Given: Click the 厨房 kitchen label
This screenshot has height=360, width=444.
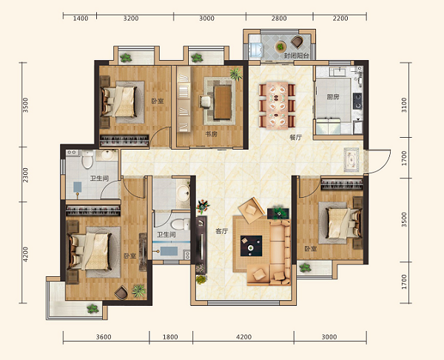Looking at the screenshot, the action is click(x=333, y=97).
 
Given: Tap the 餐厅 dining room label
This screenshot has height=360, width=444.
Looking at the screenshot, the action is click(x=295, y=138).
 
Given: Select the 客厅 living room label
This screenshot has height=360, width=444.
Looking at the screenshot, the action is click(x=221, y=231).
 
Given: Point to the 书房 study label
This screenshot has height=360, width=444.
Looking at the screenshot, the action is click(x=211, y=134).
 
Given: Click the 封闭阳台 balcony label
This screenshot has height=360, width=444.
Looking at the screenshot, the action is click(x=297, y=56).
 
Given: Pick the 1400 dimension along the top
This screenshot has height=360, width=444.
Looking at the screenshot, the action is click(x=81, y=19).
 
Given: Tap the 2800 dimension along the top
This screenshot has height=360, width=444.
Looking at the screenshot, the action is click(x=279, y=19).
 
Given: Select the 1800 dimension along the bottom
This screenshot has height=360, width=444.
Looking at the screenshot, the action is click(x=170, y=337).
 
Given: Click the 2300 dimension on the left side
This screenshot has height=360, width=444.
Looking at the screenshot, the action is click(x=25, y=175).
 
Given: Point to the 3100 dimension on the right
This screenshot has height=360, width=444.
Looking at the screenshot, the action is click(x=404, y=105).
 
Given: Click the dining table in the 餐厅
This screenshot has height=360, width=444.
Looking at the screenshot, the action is click(x=277, y=105).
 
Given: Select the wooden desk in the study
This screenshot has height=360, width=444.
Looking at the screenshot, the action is click(x=223, y=102).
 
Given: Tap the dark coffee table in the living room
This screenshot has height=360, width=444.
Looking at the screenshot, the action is click(x=251, y=246).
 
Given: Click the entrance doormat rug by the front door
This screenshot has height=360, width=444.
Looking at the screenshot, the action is click(x=351, y=159).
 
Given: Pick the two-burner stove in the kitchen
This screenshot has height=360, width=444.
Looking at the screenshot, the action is click(x=357, y=101).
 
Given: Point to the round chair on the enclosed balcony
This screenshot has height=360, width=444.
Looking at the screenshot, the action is click(x=297, y=42).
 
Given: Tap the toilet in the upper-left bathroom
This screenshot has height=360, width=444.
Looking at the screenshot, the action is click(x=87, y=159).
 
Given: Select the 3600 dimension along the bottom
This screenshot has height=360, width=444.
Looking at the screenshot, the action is click(x=104, y=337).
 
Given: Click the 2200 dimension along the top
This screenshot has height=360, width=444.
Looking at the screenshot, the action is click(x=340, y=19).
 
